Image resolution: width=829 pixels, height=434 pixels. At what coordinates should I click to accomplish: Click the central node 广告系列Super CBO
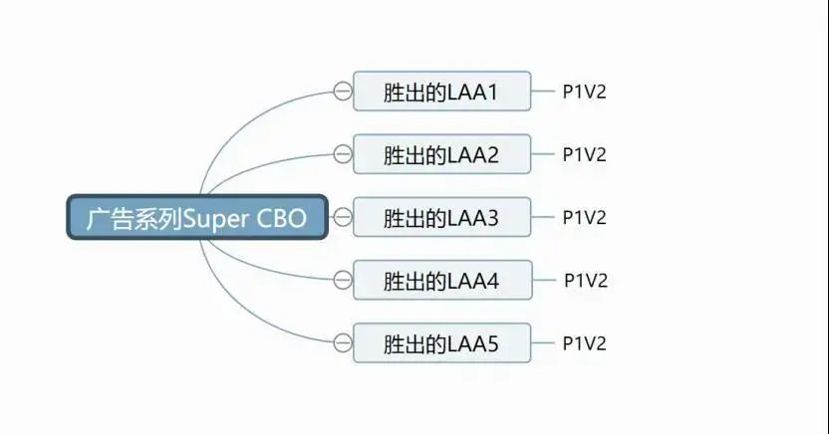point(197,217)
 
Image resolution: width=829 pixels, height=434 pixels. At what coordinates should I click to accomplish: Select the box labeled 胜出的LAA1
point(442,91)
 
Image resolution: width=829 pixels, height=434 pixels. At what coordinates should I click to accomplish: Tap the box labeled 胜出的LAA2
point(442,153)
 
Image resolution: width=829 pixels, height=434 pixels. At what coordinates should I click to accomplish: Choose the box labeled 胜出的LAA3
point(442,216)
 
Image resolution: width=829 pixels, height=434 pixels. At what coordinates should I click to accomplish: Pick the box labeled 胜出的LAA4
point(442,280)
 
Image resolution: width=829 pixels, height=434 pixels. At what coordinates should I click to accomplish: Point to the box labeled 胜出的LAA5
point(442,342)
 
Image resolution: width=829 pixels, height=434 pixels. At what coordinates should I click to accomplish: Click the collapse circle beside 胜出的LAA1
point(343,91)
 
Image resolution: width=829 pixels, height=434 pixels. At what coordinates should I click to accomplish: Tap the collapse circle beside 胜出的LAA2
point(343,153)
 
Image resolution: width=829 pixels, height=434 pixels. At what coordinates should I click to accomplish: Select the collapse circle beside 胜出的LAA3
point(343,217)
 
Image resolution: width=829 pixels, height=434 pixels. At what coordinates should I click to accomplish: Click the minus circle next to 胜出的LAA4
point(343,280)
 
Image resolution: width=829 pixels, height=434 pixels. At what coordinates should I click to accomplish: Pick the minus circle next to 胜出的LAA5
point(343,342)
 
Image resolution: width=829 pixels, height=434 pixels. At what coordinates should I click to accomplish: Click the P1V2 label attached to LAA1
point(584,92)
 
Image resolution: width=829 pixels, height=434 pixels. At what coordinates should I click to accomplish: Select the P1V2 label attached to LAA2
point(584,154)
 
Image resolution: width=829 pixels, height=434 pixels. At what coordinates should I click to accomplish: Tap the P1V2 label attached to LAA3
point(584,217)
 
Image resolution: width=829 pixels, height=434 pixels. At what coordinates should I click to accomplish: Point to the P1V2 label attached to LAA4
point(586,280)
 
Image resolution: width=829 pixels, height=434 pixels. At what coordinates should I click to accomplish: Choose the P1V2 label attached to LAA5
point(584,343)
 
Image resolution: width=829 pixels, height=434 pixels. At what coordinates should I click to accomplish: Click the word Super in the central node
point(215,219)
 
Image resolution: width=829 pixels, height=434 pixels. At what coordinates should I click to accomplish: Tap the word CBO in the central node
point(281,218)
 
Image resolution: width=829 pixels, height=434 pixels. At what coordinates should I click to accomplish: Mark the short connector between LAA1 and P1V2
point(543,91)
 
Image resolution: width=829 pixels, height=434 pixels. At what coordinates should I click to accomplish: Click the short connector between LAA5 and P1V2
point(543,342)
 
